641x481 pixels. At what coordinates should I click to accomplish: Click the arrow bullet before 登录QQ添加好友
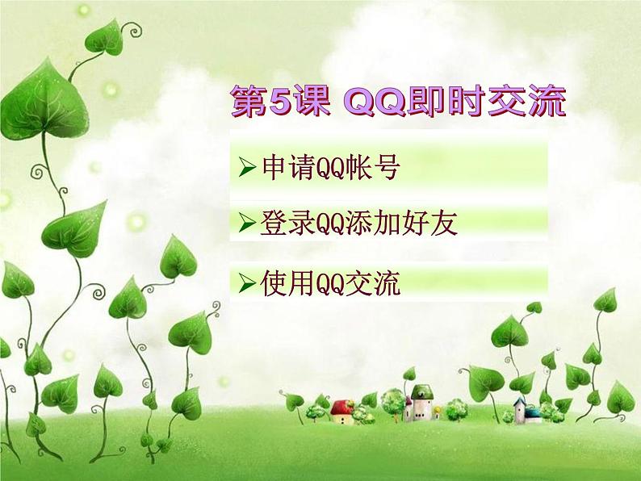tap(248, 222)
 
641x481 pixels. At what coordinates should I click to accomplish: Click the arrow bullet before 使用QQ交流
tap(248, 282)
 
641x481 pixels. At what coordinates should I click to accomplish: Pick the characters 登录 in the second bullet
tap(282, 222)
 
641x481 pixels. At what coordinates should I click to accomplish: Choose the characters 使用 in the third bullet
tap(282, 282)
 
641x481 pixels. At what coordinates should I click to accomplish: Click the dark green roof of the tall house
tap(421, 392)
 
